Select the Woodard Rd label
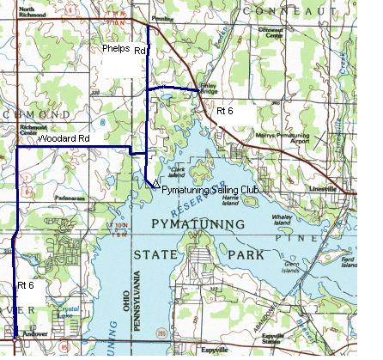[64, 137]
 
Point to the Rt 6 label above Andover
[27, 283]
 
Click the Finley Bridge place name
[207, 88]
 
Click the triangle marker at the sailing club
[152, 183]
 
